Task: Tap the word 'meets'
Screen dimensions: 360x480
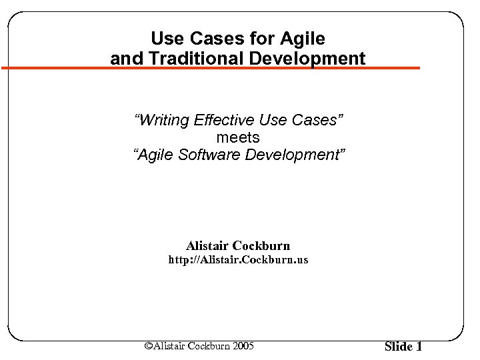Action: (238, 138)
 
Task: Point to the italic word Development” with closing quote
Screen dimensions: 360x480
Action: (297, 155)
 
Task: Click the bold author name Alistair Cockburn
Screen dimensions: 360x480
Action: (238, 246)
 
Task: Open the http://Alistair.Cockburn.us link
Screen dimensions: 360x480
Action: (238, 260)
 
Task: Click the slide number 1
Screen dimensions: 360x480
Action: (419, 346)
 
